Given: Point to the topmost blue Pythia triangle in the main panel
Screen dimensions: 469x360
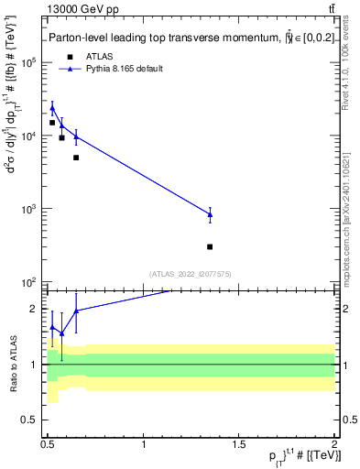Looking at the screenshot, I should [52, 109].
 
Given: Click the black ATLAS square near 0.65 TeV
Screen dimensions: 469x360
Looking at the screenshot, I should [76, 158].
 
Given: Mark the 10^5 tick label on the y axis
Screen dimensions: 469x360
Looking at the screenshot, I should [31, 63].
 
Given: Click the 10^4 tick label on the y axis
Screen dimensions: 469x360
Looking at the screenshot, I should [31, 136].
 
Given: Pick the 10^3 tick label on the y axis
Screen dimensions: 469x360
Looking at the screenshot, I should [31, 209].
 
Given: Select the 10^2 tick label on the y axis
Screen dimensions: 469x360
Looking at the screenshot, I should [31, 282].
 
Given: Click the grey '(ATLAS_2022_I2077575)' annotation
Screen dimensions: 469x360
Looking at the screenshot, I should [191, 274].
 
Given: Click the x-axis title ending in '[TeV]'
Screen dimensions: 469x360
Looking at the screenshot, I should [295, 458].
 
